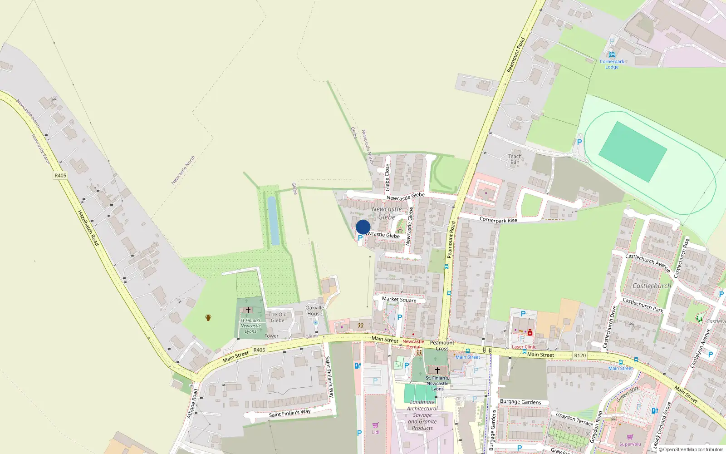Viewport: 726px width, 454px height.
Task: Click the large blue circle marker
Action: [x=363, y=227]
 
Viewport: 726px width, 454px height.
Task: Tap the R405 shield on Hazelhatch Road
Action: [x=60, y=175]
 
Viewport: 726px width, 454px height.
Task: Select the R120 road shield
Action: [x=580, y=355]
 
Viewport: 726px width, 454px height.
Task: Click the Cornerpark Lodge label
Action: [x=612, y=64]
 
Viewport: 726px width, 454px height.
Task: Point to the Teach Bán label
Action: [x=515, y=159]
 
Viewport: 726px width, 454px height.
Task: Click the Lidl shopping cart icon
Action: [x=375, y=425]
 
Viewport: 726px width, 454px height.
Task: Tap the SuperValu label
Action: [x=630, y=444]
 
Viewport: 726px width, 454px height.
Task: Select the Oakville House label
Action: [x=314, y=311]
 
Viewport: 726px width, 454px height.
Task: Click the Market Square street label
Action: [x=399, y=300]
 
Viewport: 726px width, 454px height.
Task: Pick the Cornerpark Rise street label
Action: [x=498, y=220]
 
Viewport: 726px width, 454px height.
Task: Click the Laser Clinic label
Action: [x=524, y=347]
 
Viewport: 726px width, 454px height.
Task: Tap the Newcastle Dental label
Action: [x=413, y=344]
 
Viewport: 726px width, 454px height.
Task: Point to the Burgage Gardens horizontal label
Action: [x=520, y=402]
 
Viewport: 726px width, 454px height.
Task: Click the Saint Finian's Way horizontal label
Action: [x=289, y=413]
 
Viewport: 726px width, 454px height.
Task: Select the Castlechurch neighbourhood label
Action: [x=652, y=286]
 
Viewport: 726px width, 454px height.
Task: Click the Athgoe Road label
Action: [x=192, y=403]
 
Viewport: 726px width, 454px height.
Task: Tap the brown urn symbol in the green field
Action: [x=208, y=317]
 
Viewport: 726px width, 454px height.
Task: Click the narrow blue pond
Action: [x=273, y=221]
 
